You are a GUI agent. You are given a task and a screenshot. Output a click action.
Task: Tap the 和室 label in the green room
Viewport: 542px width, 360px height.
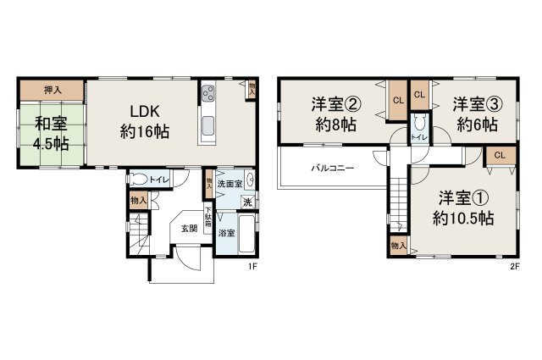pyautogui.click(x=52, y=124)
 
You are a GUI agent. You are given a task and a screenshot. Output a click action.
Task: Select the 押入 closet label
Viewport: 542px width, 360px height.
pyautogui.click(x=52, y=89)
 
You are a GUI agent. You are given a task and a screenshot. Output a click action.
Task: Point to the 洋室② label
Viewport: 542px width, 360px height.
pyautogui.click(x=336, y=105)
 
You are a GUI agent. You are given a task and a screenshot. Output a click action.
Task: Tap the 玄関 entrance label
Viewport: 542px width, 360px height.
pyautogui.click(x=187, y=228)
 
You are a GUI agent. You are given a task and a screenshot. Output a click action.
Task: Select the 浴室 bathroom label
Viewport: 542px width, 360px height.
pyautogui.click(x=225, y=231)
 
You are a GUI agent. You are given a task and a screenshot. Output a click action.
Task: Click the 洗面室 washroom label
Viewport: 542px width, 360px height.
pyautogui.click(x=229, y=184)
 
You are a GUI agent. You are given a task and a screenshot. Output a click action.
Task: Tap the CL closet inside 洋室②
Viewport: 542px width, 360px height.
pyautogui.click(x=397, y=102)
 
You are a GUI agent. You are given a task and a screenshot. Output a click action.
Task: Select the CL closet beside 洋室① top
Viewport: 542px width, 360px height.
pyautogui.click(x=500, y=154)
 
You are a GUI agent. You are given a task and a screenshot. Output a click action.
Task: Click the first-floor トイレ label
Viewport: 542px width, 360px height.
pyautogui.click(x=159, y=180)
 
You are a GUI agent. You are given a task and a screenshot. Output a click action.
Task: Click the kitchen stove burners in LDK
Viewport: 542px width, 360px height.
pyautogui.click(x=208, y=94)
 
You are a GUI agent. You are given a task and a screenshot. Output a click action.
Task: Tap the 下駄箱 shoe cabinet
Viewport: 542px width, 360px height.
pyautogui.click(x=207, y=219)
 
